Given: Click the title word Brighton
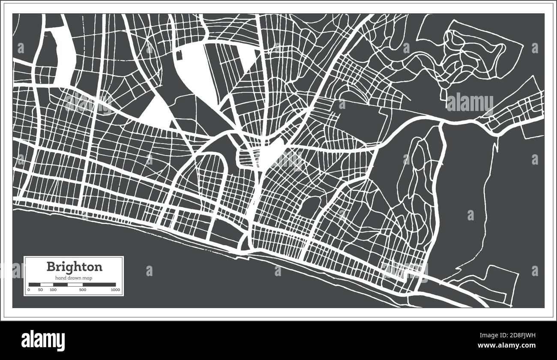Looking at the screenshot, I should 74,267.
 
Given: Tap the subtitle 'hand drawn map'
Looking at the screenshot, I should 74,279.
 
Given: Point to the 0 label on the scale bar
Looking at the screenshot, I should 29,290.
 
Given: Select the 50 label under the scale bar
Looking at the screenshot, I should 40,290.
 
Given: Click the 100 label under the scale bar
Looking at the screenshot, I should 53,290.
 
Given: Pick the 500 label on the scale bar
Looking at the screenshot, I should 83,290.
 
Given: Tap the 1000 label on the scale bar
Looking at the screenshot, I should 115,290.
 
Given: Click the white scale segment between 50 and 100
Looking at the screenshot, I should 46,284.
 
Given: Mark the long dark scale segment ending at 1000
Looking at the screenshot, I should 99,284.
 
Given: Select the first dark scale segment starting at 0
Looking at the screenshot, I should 34,284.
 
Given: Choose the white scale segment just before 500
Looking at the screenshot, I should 75,284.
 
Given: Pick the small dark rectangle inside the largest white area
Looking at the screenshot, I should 179,54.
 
